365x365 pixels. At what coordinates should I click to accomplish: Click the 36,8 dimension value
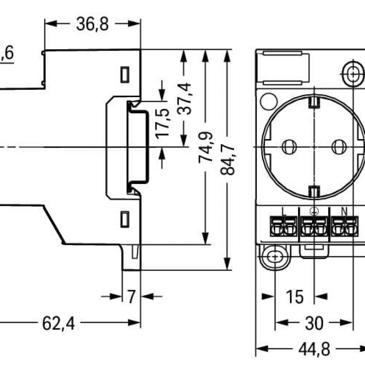point(93,24)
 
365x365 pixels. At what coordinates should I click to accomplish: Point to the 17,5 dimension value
point(162,122)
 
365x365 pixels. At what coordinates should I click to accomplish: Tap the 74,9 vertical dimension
point(205,147)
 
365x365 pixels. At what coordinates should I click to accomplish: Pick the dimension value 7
point(131,297)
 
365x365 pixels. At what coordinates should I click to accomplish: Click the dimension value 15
point(295,297)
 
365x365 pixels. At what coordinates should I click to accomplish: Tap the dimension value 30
point(314,323)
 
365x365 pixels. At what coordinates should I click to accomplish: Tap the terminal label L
point(284,211)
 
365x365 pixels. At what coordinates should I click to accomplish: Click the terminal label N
point(345,211)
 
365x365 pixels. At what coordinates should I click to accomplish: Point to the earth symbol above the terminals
point(314,211)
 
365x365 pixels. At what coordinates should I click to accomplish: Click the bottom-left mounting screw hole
point(275,256)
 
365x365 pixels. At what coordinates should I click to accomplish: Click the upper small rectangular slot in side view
point(124,75)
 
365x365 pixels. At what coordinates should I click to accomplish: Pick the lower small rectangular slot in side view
point(124,219)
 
